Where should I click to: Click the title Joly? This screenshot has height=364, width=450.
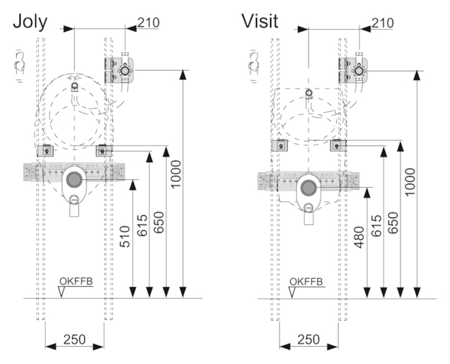click(30, 21)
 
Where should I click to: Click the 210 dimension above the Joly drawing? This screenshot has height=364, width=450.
click(148, 22)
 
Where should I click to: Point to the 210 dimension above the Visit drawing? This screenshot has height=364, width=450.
click(382, 22)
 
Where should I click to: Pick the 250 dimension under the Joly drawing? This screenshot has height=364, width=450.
click(74, 339)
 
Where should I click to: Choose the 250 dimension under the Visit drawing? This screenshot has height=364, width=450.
click(308, 339)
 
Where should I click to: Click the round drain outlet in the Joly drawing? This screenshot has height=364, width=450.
click(74, 178)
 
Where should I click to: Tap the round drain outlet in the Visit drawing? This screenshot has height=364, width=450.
click(308, 187)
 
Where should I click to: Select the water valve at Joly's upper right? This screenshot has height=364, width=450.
click(125, 70)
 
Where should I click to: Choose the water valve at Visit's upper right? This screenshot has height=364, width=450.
click(359, 70)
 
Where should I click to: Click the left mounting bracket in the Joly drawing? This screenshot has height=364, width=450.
click(47, 149)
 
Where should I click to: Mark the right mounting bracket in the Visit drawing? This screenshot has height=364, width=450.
click(339, 145)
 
